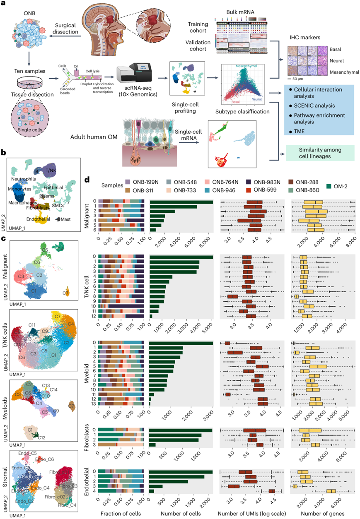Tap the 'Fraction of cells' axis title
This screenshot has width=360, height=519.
tap(121, 514)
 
